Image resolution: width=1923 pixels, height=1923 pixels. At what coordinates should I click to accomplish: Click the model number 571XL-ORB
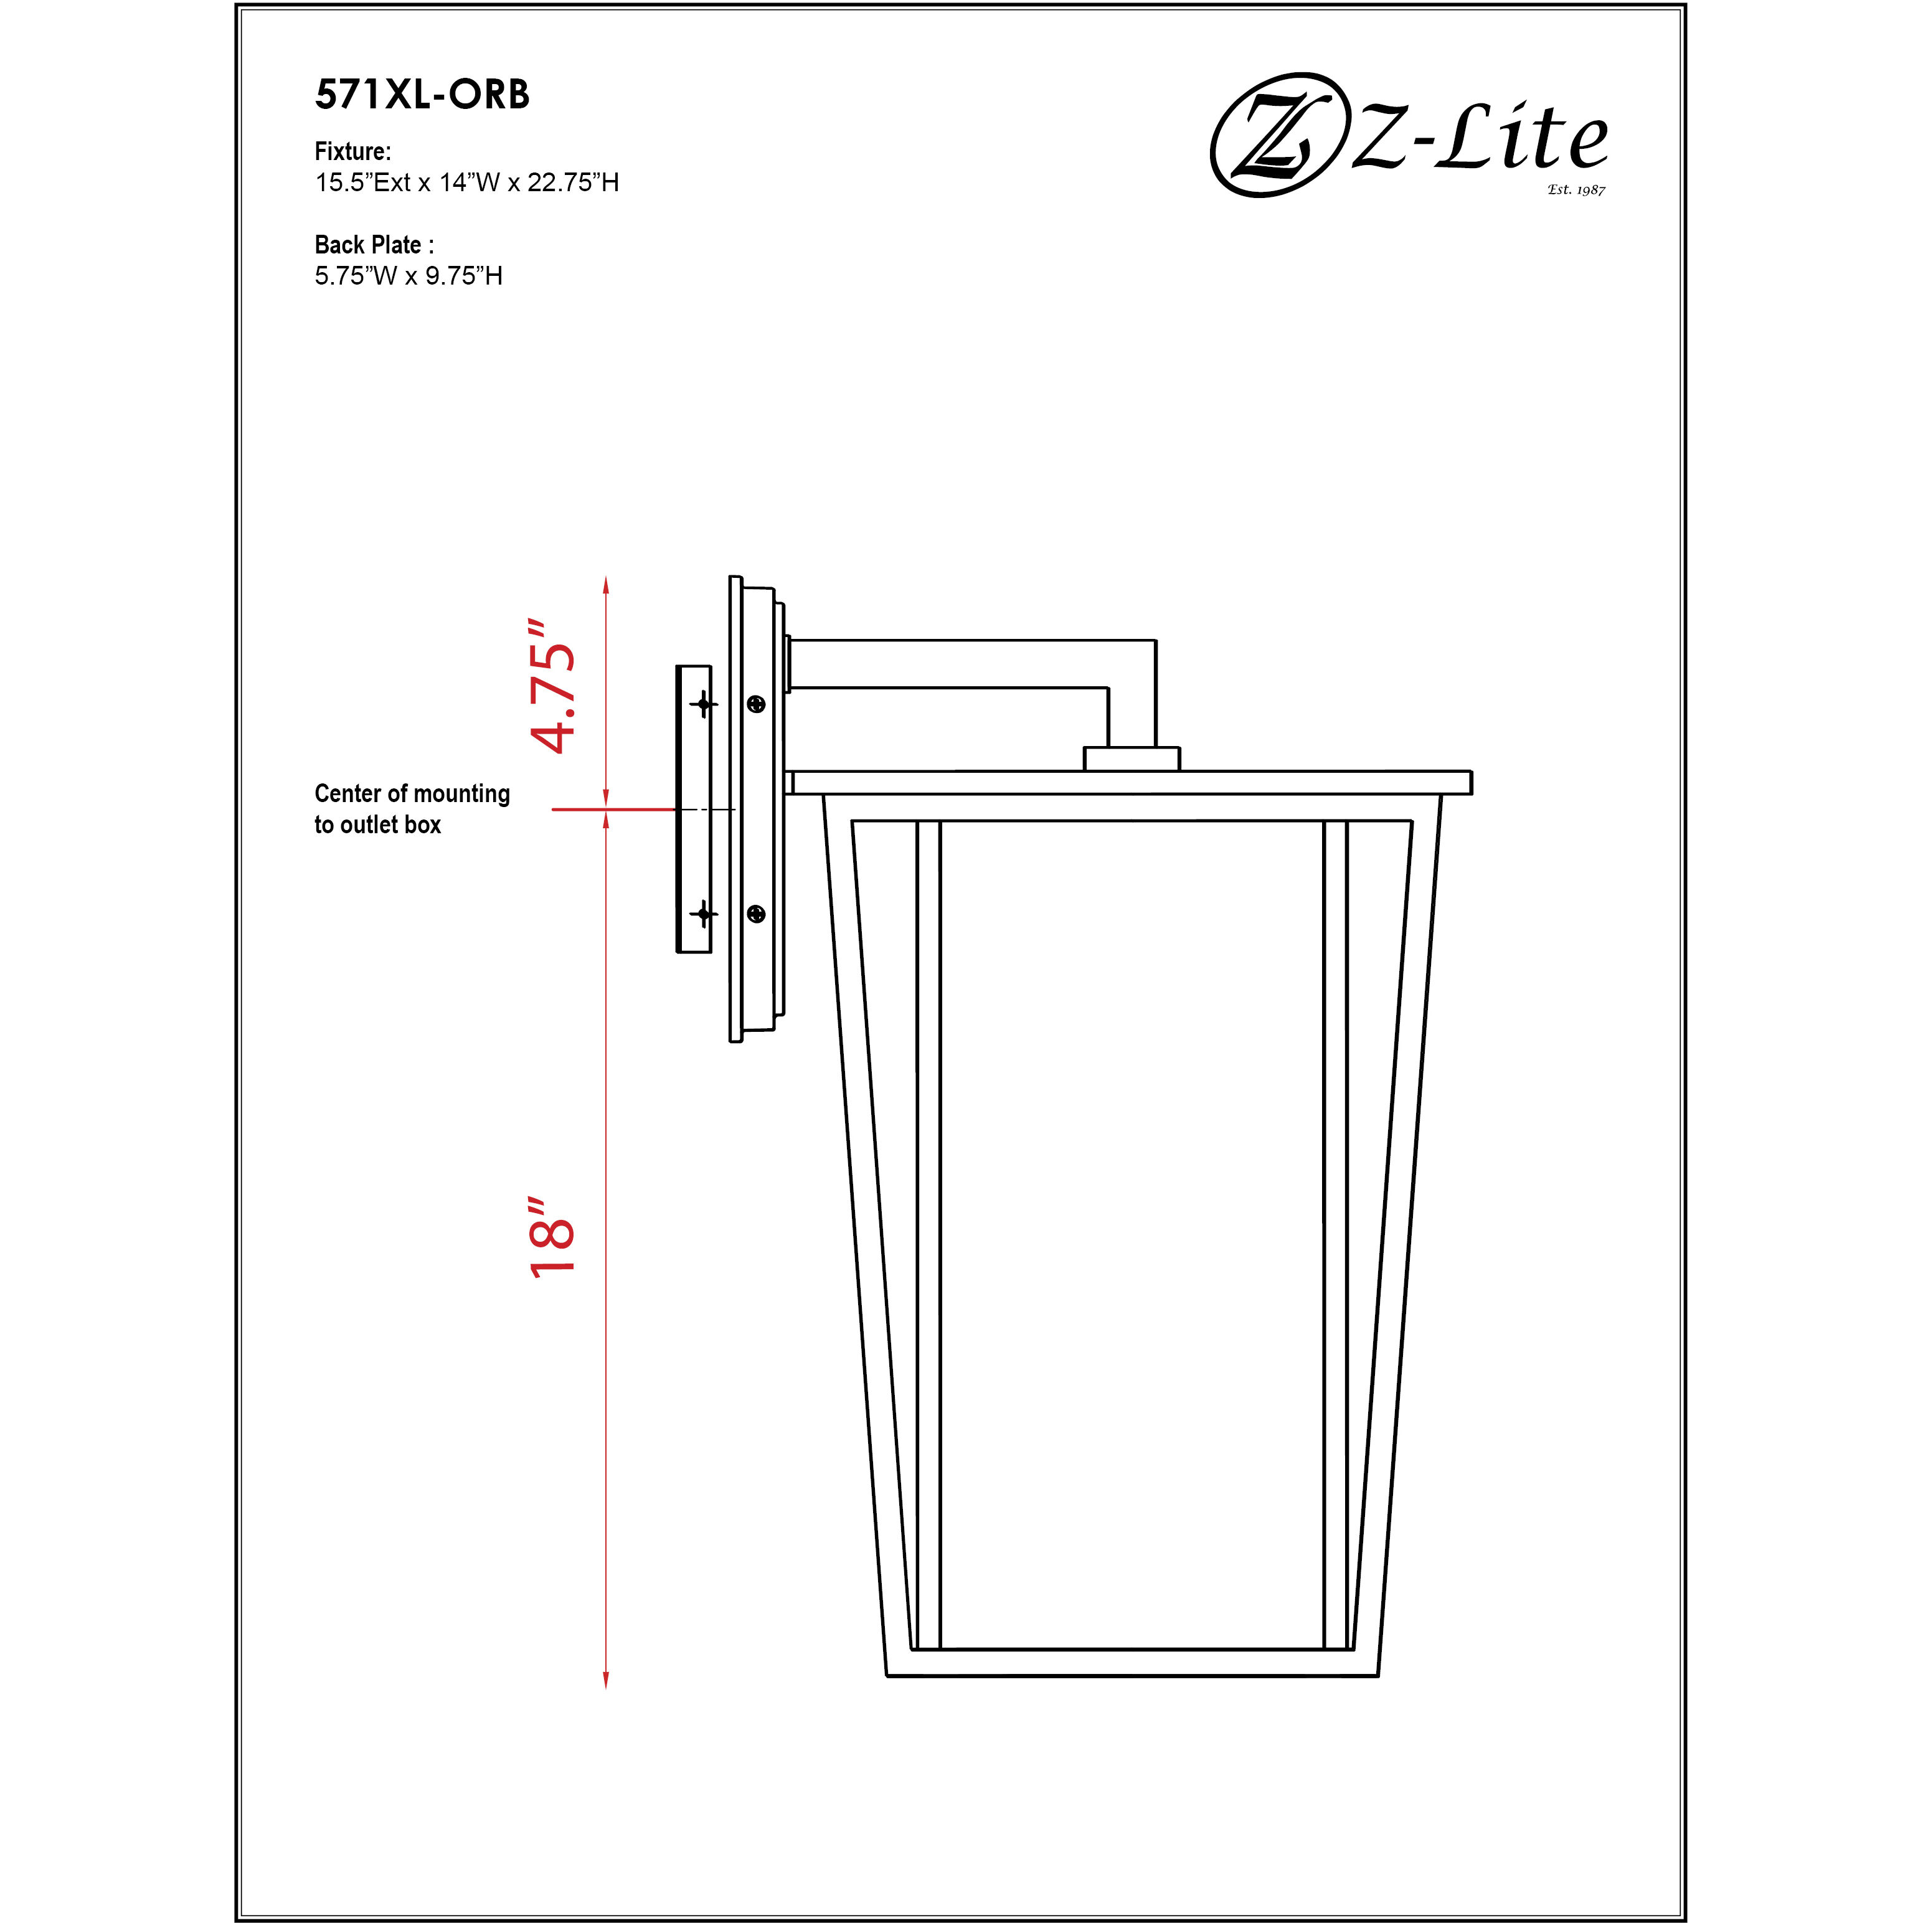click(422, 95)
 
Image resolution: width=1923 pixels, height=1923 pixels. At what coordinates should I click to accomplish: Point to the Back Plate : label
click(374, 245)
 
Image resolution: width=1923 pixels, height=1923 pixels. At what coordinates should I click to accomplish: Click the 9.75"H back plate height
click(464, 276)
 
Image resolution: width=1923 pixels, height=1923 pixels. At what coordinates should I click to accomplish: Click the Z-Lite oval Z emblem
click(1274, 135)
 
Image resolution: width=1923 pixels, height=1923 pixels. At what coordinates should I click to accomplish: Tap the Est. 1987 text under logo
click(1577, 189)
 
